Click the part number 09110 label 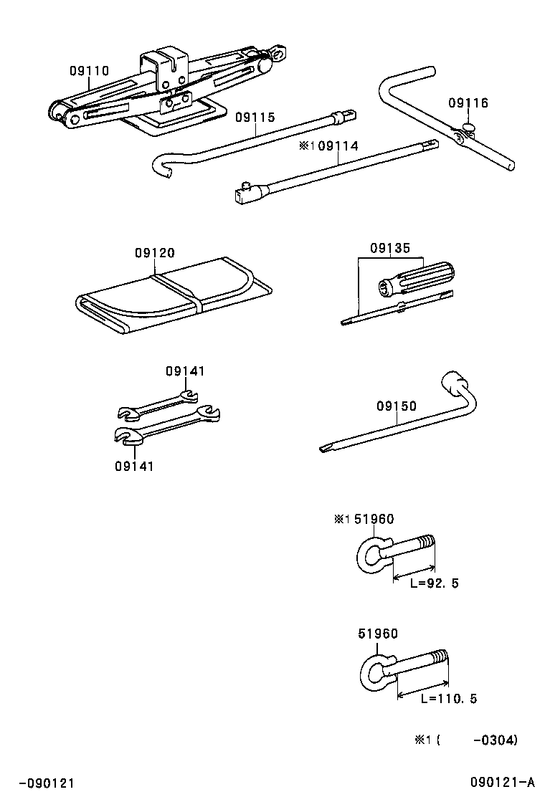point(89,71)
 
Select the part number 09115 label point(255,118)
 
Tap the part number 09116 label point(468,103)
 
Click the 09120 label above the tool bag point(154,253)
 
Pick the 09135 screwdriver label point(390,249)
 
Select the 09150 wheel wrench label point(396,406)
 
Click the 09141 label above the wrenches point(185,371)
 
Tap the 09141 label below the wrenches point(134,466)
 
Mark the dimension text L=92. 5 point(434,583)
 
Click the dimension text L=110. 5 point(448,699)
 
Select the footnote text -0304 point(495,740)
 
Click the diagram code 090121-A point(503,782)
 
